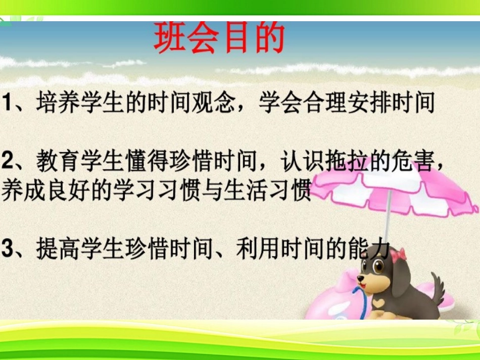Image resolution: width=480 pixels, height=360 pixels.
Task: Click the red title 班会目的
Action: pos(219,38)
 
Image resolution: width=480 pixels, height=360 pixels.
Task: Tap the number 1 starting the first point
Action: pos(8,104)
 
